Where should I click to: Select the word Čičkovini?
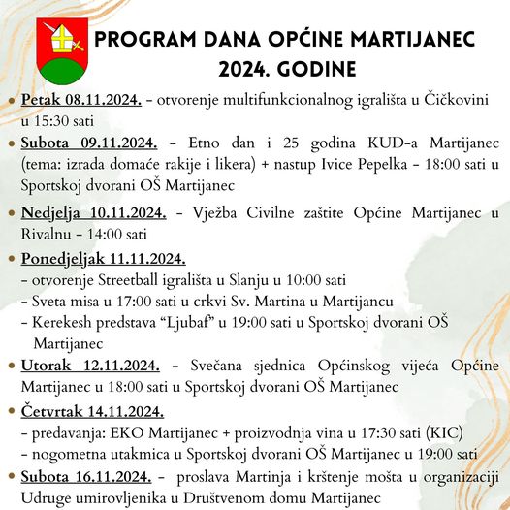(x=456, y=100)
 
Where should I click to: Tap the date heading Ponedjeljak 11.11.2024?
(x=102, y=258)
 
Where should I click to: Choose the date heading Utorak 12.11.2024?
(x=88, y=366)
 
